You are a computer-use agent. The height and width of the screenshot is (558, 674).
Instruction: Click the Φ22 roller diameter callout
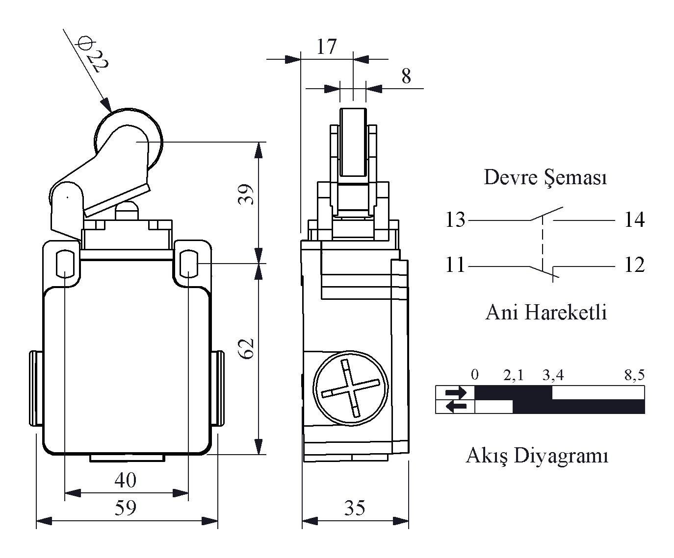(x=93, y=54)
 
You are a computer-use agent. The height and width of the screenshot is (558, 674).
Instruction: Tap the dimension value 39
(x=246, y=194)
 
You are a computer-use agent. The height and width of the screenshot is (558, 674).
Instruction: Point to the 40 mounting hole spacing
(x=126, y=480)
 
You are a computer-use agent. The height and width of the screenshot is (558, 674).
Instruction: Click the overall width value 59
(x=126, y=508)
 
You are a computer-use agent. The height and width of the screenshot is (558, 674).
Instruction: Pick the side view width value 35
(x=355, y=508)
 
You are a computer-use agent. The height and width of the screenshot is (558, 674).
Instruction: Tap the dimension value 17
(x=327, y=47)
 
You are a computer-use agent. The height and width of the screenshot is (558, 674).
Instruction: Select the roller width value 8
(x=406, y=76)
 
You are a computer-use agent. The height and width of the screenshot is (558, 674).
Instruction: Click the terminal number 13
(x=455, y=219)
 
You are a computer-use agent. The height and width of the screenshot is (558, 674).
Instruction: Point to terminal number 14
(x=635, y=219)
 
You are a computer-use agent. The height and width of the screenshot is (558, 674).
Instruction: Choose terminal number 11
(x=455, y=265)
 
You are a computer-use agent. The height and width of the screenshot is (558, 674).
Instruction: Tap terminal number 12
(x=635, y=265)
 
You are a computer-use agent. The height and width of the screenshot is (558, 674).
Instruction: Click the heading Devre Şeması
(x=545, y=178)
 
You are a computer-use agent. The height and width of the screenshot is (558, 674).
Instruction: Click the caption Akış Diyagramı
(x=537, y=456)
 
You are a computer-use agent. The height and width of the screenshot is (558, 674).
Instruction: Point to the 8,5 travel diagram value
(x=634, y=375)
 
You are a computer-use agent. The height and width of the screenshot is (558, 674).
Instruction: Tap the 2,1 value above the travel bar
(x=513, y=375)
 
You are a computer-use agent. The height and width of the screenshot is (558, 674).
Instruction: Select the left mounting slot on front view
(x=65, y=264)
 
